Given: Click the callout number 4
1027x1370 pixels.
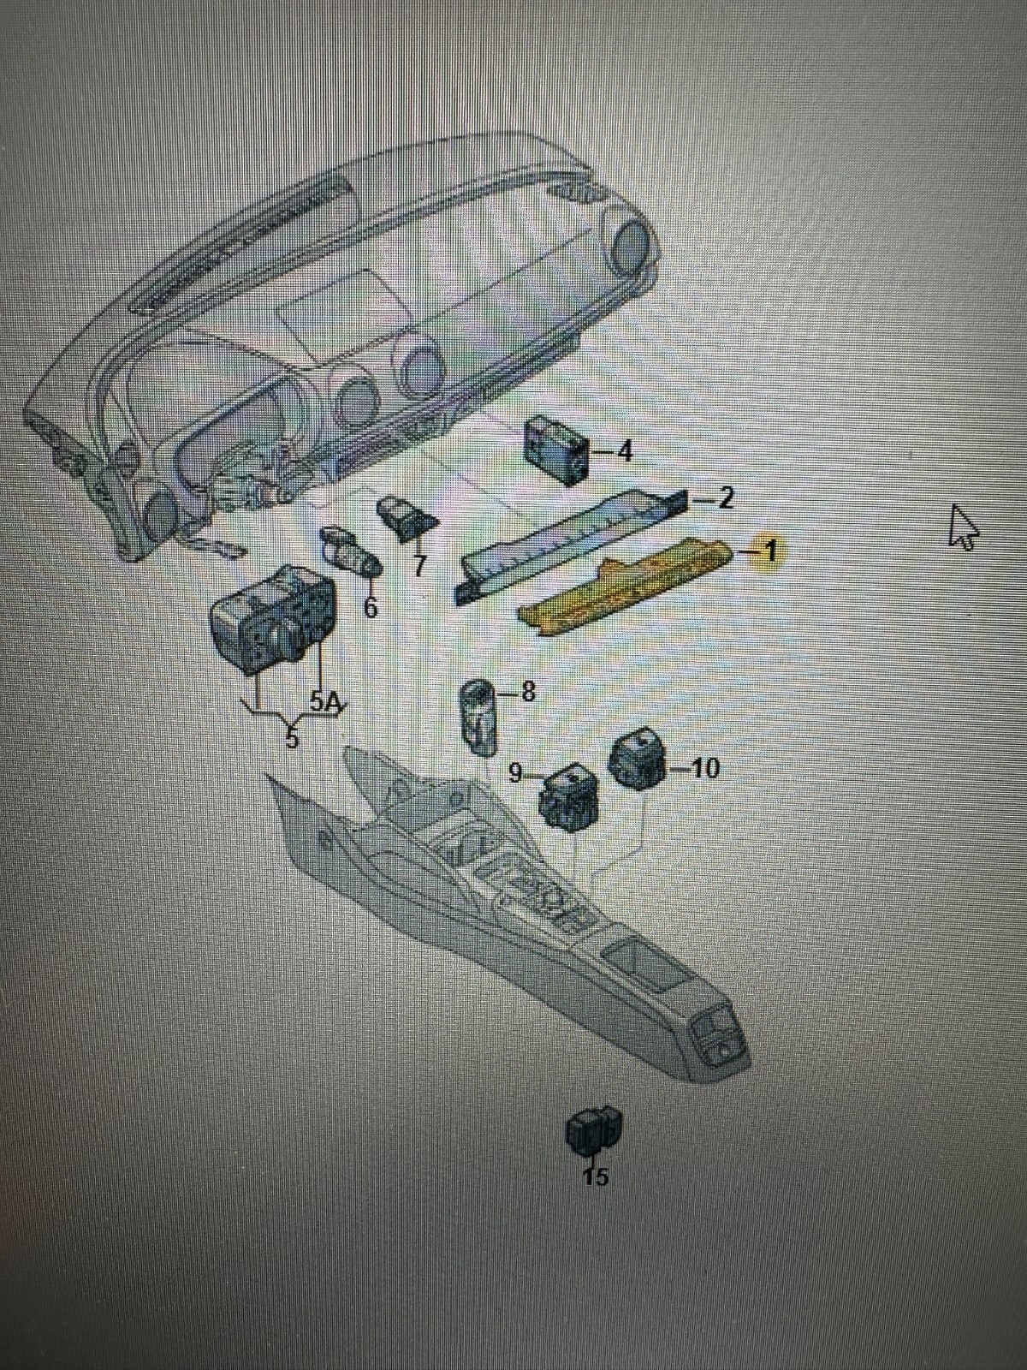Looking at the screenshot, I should tap(626, 450).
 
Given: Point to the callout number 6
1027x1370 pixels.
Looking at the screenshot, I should tap(370, 608).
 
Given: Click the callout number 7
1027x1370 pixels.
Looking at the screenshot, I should tap(419, 565).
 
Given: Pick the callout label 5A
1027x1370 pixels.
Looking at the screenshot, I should tap(324, 703).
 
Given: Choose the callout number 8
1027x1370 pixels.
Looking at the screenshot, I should tap(528, 692).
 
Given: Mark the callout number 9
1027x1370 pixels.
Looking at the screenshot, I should tap(515, 773).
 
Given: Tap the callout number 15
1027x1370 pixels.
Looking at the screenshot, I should tap(596, 1177).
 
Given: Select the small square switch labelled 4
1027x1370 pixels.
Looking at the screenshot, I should tap(556, 448).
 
